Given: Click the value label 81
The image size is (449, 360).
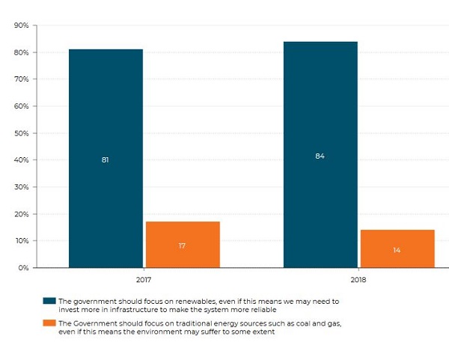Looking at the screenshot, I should (106, 159).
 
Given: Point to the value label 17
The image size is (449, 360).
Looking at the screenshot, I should (182, 245).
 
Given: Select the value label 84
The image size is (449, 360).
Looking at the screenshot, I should (320, 156).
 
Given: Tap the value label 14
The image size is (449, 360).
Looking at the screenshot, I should (397, 249).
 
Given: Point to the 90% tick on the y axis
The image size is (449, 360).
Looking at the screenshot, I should (21, 25).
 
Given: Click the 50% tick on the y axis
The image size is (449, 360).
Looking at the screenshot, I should (21, 133).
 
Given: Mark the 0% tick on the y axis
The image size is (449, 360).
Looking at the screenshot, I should (22, 267).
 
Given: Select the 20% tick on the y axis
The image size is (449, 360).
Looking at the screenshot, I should (21, 214).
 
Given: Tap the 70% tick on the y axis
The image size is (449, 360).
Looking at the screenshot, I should (21, 79).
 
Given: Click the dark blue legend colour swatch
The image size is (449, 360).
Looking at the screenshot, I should (49, 301).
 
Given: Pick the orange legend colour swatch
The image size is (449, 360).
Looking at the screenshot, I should (49, 323).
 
